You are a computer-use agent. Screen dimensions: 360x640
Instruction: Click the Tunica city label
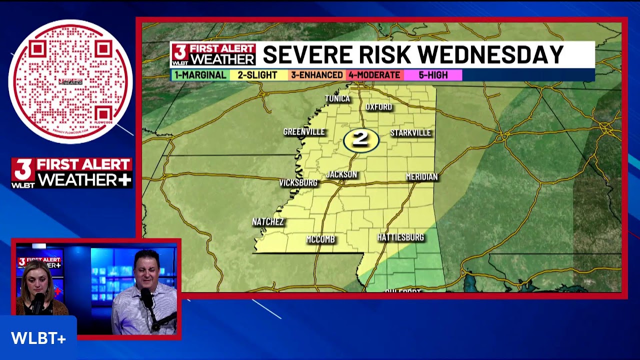point(337,98)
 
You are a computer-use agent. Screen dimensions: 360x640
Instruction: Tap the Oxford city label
point(378,107)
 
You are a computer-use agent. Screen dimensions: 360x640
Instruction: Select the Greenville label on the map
point(304,132)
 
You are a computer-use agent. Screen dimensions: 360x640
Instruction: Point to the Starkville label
point(410,132)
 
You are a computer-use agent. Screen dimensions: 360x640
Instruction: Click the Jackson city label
point(341,174)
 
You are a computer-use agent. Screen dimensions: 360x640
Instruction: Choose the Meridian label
point(421,177)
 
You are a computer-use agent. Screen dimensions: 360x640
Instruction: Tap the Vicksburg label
point(298,183)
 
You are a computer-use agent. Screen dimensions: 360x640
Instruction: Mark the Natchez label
point(268,222)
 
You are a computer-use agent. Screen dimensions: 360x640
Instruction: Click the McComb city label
point(320,239)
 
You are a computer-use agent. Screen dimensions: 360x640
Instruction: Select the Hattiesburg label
point(400,237)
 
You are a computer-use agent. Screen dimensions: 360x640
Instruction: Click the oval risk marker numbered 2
point(361,140)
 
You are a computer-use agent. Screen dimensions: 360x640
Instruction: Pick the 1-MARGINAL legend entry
point(200,75)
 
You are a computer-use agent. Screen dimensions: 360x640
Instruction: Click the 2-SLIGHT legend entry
point(257,75)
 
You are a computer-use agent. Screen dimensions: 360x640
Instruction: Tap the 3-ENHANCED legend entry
point(317,75)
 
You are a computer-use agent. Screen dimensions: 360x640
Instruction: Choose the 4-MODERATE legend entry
point(374,75)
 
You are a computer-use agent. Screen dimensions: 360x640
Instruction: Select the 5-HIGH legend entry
point(433,75)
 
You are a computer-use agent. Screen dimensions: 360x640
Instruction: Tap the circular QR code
point(70,81)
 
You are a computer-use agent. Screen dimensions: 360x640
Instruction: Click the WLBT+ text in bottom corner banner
point(38,338)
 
